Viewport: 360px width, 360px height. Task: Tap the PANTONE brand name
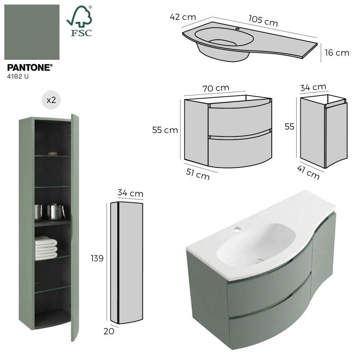point(30,68)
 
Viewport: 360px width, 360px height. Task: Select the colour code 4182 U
point(18,76)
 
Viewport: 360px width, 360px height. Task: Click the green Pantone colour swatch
point(32,32)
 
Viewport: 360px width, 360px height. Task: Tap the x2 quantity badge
point(51,100)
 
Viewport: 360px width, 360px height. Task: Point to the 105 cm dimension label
point(263,21)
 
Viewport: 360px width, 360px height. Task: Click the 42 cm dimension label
point(183,17)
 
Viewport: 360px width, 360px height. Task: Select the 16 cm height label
point(337,53)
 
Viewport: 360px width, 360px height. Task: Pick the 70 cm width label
point(216,88)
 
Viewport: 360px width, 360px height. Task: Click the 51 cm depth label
point(198,174)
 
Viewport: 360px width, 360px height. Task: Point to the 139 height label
point(97,258)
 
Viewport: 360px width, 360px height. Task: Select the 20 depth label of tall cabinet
point(109,331)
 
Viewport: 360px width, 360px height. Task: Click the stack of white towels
point(46,248)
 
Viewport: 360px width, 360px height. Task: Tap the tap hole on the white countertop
point(238,229)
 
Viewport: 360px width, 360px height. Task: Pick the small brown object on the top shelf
point(53,153)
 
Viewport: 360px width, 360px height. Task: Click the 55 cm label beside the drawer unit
point(165,130)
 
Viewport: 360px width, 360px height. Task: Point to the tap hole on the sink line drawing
point(237,29)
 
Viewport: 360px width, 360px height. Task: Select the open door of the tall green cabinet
point(75,227)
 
